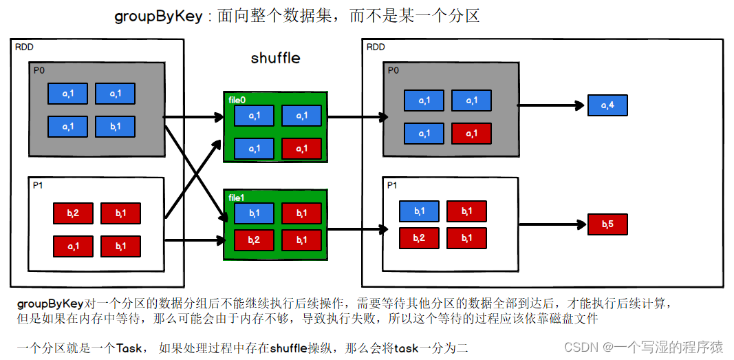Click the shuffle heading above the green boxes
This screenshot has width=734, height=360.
(275, 58)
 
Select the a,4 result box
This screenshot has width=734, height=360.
(607, 105)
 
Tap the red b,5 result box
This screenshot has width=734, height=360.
(607, 224)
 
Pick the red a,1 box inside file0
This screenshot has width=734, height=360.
(301, 148)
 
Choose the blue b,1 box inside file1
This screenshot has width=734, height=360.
(254, 213)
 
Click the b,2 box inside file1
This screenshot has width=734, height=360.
(254, 239)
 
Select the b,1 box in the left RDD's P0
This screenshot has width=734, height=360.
(115, 126)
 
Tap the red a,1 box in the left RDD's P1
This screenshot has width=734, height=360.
(73, 246)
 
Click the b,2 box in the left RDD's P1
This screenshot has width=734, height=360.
(73, 213)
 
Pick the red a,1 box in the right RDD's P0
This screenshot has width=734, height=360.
(471, 133)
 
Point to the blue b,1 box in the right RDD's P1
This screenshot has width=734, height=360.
(419, 211)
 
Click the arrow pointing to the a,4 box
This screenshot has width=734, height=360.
(550, 105)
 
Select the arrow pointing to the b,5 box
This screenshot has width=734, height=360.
(550, 224)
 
